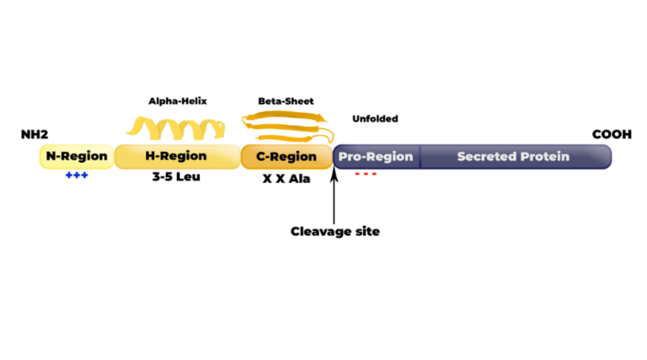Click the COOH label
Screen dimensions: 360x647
(612, 135)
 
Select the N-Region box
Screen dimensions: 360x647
(76, 157)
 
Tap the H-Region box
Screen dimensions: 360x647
(176, 157)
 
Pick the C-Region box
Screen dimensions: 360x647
(286, 157)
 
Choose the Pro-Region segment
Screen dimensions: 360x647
(376, 157)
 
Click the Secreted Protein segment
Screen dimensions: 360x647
(513, 157)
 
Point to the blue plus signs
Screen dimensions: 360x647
(77, 175)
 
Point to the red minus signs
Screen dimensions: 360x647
(365, 175)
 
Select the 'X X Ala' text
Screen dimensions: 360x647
(286, 179)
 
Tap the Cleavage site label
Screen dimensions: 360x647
(334, 231)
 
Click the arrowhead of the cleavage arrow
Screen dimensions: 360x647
(334, 172)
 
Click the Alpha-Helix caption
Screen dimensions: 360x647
(177, 101)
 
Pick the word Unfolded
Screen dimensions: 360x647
(375, 119)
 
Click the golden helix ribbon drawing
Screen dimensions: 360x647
(176, 128)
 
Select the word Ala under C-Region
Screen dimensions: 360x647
(300, 179)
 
